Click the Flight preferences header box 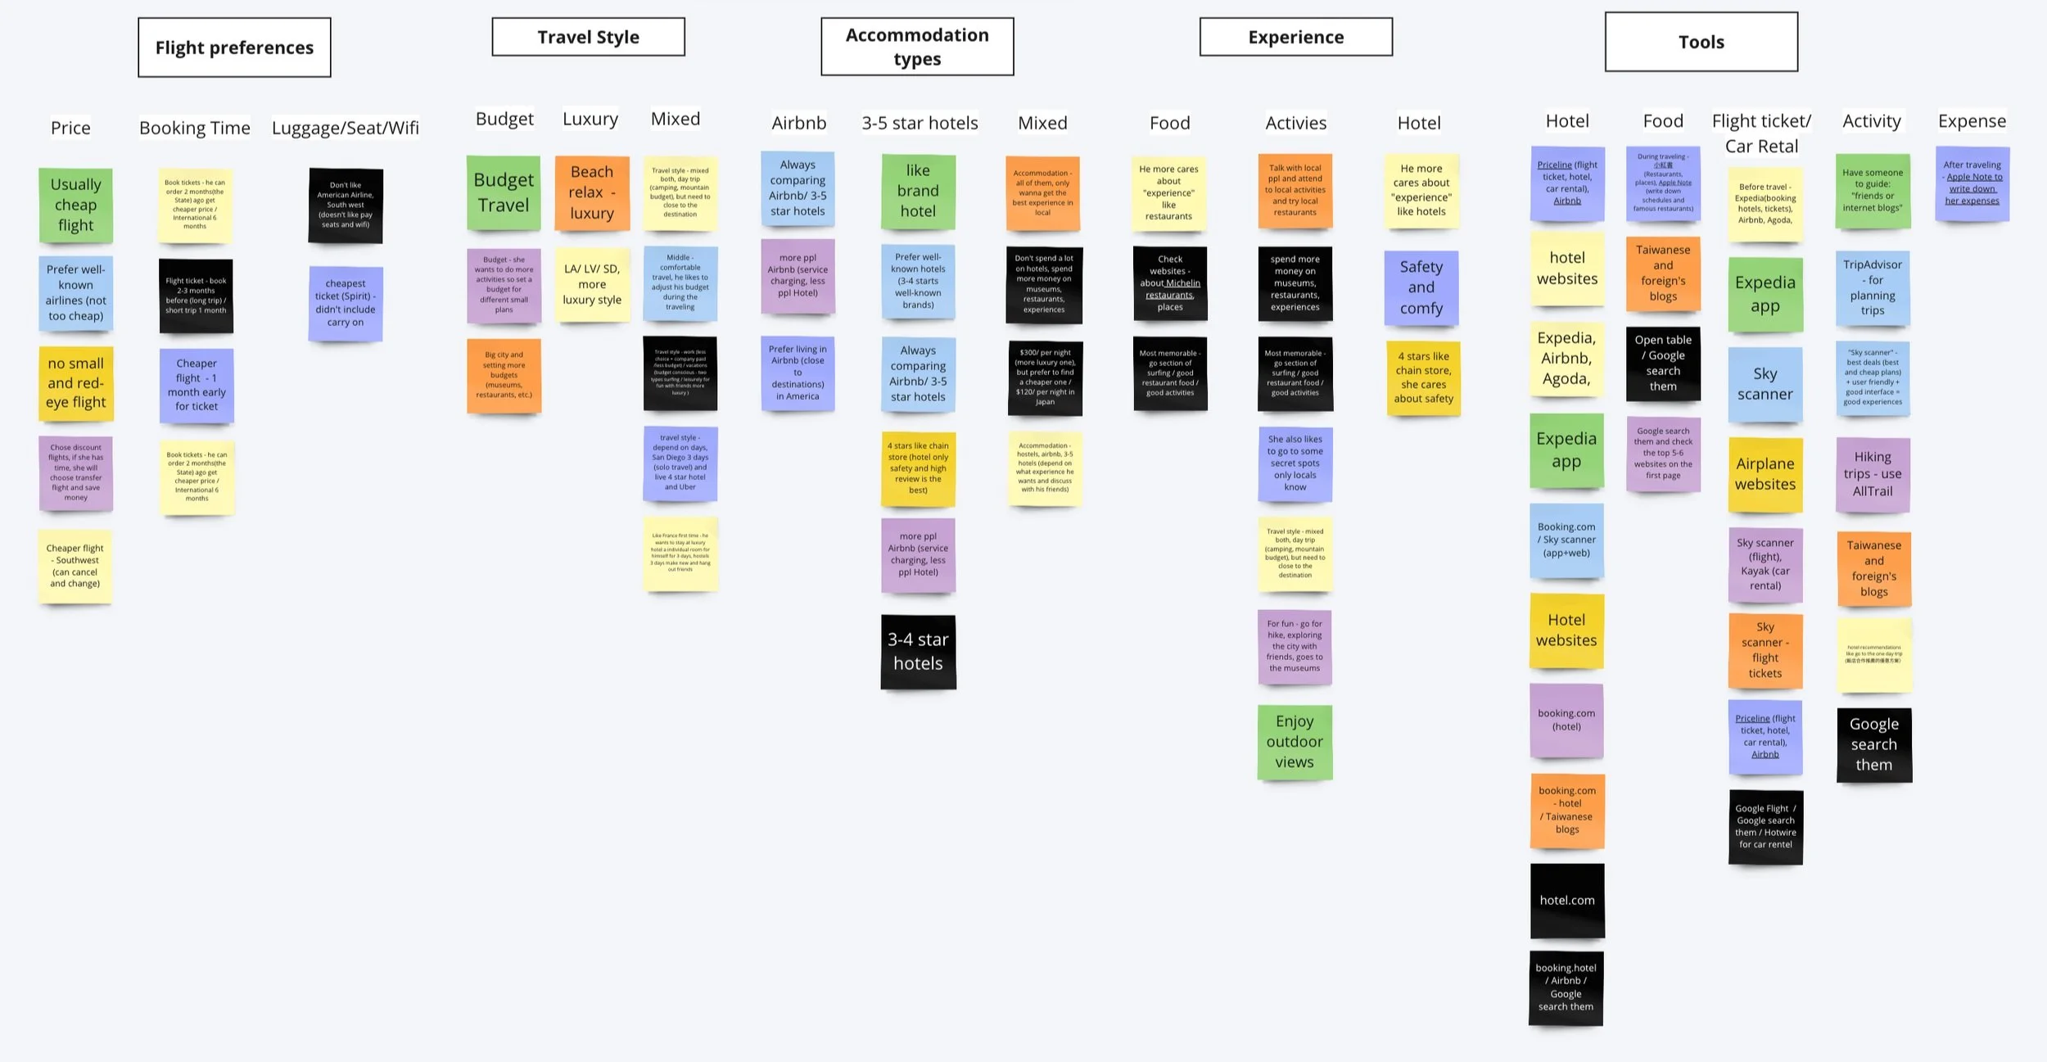click(234, 47)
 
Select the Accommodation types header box click(917, 47)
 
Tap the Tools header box click(1701, 42)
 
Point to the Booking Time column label click(194, 128)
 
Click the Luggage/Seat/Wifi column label click(345, 128)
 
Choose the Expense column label click(1971, 121)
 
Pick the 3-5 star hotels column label click(920, 123)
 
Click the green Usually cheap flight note click(75, 205)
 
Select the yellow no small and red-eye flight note click(76, 382)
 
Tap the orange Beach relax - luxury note click(591, 192)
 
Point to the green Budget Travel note click(504, 192)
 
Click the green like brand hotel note click(918, 191)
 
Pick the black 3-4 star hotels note click(918, 651)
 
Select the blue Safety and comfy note click(1421, 287)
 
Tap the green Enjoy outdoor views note click(1294, 741)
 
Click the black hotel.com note click(1566, 900)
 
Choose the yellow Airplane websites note click(1765, 474)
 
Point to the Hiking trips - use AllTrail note click(1873, 474)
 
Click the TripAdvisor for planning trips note click(1872, 287)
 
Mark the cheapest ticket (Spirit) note click(345, 303)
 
